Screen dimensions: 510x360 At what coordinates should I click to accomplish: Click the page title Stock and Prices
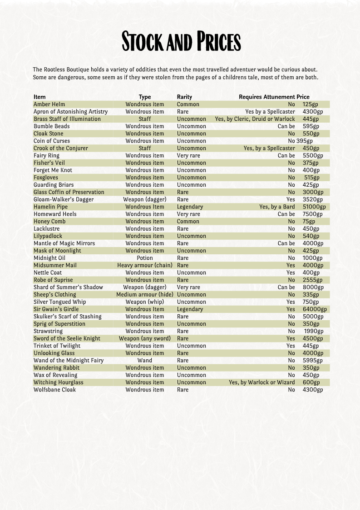181,42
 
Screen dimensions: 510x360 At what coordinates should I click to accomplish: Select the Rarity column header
184,97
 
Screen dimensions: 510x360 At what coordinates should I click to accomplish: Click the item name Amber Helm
49,104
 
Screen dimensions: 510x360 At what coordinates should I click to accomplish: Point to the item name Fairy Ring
46,155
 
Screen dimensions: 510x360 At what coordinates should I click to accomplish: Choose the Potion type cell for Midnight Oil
145,258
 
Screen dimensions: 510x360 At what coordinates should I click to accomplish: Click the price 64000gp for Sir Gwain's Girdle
315,309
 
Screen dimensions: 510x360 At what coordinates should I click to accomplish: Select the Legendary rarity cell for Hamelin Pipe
190,207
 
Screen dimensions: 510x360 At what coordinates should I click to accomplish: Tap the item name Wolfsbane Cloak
54,390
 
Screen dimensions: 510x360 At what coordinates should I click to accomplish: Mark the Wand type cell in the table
145,361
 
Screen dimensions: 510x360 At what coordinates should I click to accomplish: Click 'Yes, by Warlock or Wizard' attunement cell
261,382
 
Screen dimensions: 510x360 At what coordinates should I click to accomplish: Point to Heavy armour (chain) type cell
145,265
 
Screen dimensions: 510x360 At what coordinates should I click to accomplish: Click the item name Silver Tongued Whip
59,302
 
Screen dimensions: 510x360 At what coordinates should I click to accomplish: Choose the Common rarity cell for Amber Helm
188,104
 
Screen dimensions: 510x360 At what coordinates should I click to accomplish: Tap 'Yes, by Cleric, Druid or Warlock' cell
255,119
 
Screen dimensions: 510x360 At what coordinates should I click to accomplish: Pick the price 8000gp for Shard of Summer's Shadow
313,287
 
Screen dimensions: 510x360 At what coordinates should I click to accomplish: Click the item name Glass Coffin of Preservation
69,192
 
